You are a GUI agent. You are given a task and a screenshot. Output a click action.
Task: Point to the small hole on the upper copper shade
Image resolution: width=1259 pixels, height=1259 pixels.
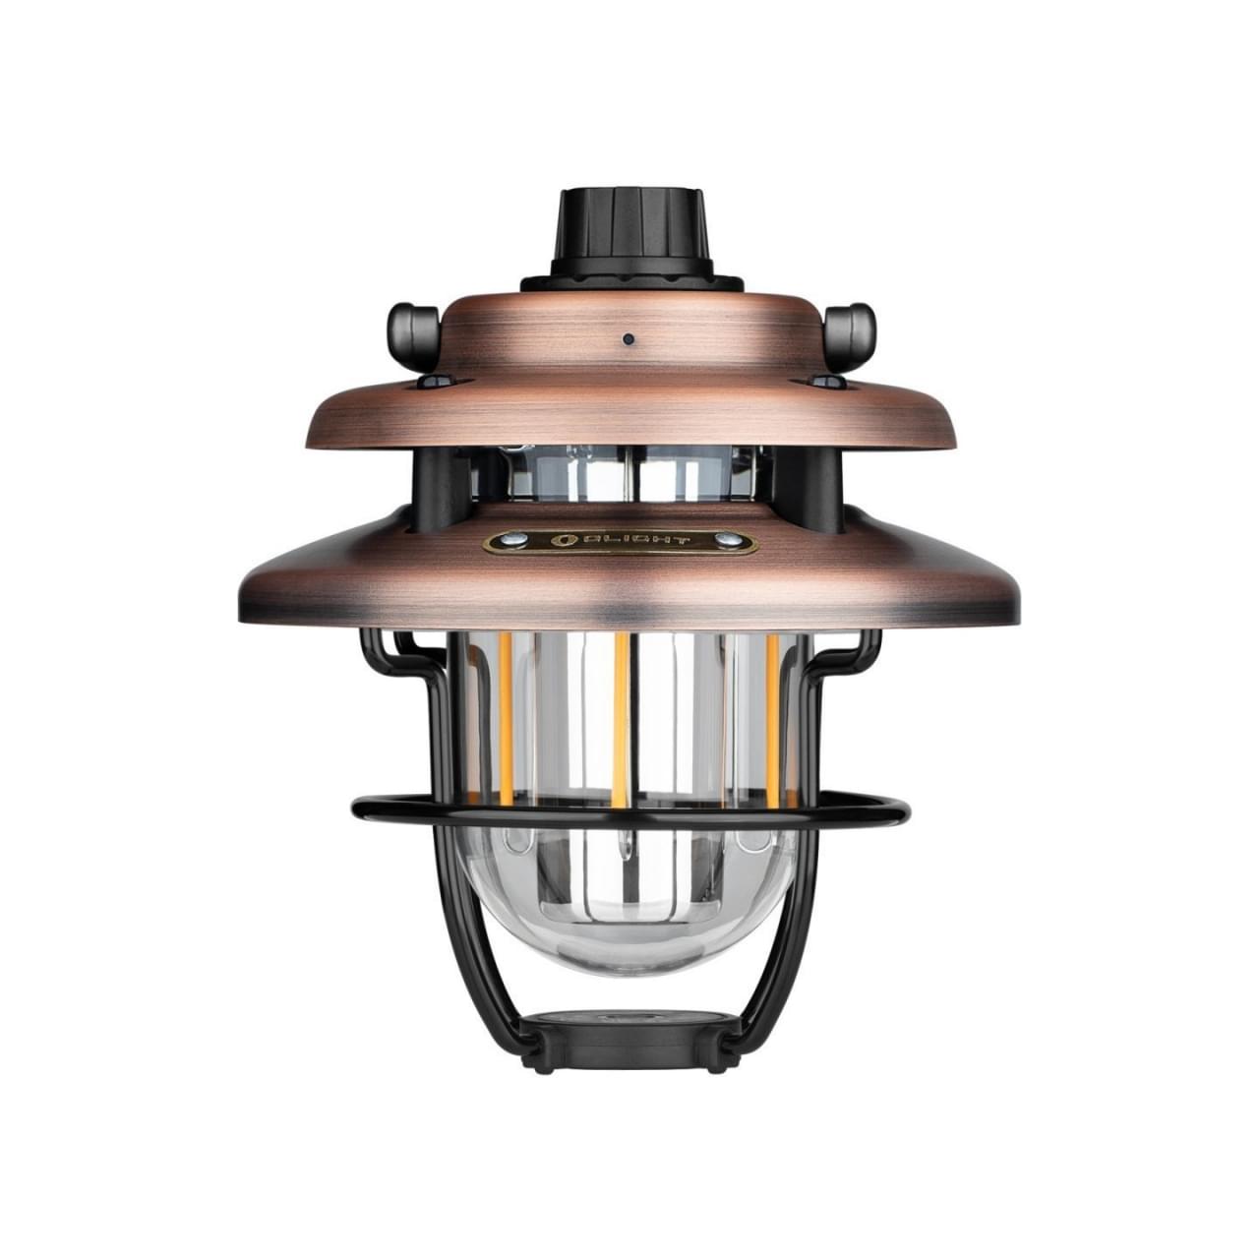(628, 340)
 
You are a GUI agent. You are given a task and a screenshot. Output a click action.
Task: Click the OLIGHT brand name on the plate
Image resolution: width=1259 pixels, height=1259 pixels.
(633, 540)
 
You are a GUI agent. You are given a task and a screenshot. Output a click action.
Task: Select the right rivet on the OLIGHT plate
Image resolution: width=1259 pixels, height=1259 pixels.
(728, 539)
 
